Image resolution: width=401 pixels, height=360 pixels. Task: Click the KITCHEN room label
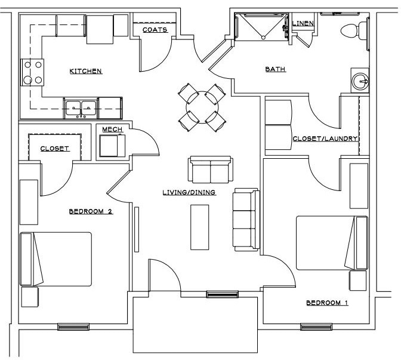[87, 71]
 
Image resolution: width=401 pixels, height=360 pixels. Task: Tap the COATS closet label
[155, 29]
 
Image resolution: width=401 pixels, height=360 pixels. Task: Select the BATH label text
[276, 69]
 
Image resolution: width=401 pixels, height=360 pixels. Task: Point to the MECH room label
[112, 129]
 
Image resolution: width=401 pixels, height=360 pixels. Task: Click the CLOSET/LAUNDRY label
[325, 139]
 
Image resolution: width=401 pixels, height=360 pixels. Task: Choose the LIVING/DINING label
[189, 192]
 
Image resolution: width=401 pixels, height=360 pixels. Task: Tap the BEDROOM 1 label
[327, 303]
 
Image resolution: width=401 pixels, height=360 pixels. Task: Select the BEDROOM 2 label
[91, 211]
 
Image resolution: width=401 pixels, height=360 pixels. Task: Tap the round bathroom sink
[360, 81]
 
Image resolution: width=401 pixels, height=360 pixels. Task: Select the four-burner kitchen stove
[32, 72]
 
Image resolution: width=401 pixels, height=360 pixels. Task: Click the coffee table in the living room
[200, 227]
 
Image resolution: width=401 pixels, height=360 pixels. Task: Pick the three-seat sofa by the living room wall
[246, 219]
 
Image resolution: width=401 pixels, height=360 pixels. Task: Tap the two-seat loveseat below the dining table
[210, 169]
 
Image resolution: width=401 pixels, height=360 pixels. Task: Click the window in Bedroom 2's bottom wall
[73, 327]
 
